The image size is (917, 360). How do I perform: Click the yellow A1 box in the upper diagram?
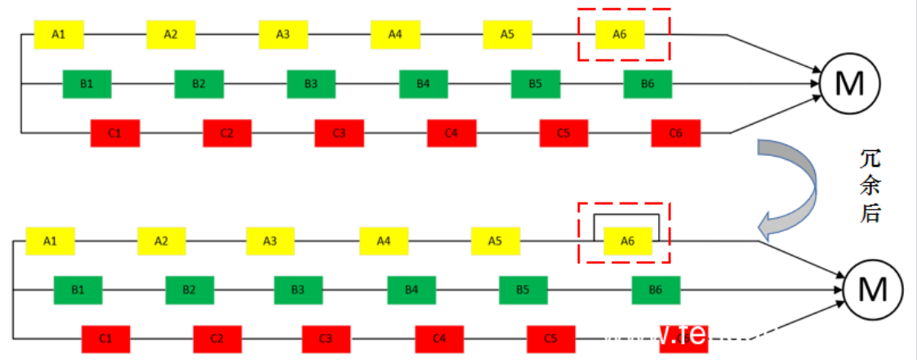58,34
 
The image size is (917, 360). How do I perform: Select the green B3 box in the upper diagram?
311,84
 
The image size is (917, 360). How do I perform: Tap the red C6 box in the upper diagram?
675,133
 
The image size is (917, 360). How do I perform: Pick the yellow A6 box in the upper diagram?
620,34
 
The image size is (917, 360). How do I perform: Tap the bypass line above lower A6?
626,216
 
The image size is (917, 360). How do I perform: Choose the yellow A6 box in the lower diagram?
627,241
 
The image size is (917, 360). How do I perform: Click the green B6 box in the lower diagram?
656,289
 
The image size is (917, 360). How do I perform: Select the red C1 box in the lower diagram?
105,338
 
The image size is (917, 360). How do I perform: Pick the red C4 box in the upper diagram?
452,133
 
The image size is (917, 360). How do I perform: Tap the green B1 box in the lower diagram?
78,289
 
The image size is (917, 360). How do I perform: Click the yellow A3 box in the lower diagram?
271,241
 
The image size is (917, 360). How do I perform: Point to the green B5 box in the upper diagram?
536,84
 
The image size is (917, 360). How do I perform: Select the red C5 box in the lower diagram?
550,338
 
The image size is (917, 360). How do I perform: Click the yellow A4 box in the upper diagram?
395,34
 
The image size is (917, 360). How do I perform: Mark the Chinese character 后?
871,215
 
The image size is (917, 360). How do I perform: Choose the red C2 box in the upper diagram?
227,133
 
